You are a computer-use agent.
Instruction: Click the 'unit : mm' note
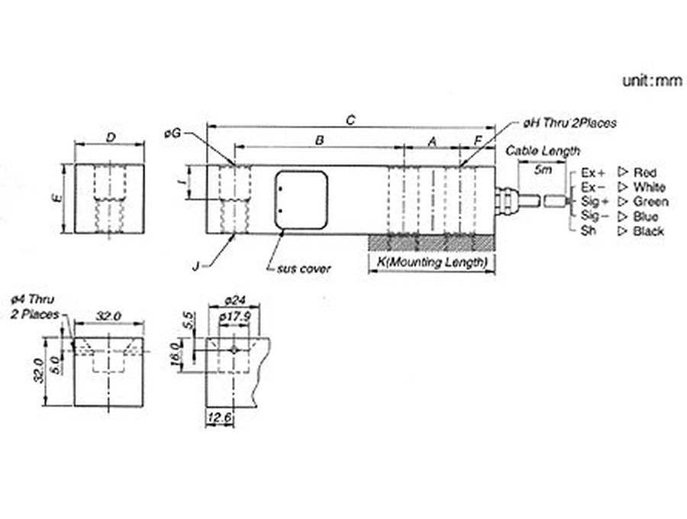653,81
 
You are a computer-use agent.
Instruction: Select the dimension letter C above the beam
350,120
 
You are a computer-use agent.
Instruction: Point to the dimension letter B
320,140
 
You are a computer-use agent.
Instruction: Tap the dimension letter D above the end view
111,137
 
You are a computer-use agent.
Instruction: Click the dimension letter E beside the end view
57,198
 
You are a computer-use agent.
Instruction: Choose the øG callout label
173,133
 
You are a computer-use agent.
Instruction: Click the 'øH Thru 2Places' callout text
569,123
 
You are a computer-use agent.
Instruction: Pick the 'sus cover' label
304,268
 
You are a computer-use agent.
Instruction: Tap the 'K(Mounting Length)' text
432,263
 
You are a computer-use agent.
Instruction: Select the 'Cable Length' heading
543,151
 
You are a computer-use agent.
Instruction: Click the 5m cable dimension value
543,169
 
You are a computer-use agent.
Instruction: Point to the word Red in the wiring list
644,172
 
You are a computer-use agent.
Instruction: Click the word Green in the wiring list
650,201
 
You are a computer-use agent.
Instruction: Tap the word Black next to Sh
648,230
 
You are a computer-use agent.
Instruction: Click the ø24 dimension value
235,301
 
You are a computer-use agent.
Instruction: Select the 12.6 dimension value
220,417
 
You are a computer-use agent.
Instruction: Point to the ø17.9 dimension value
235,316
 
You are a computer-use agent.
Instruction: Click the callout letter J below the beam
196,266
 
